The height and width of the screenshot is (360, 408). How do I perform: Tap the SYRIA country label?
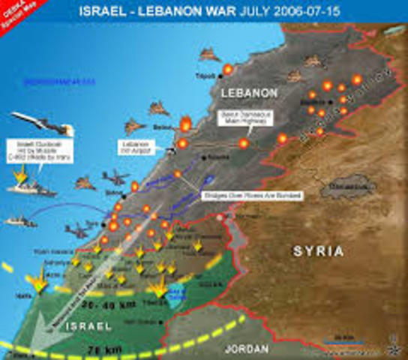point(309,251)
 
